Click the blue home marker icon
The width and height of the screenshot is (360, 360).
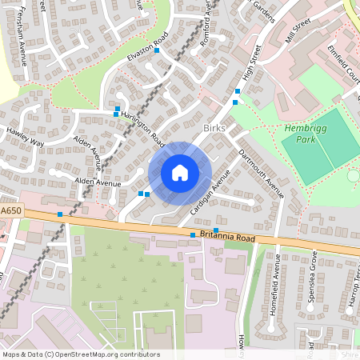pyautogui.click(x=180, y=172)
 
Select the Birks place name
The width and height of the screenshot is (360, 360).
pyautogui.click(x=216, y=128)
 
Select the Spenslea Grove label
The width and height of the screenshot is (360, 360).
pyautogui.click(x=314, y=273)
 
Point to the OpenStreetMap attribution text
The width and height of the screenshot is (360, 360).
pyautogui.click(x=80, y=354)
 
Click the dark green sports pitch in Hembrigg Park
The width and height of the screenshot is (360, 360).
pyautogui.click(x=318, y=156)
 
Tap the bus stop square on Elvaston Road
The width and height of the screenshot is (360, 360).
pyautogui.click(x=158, y=50)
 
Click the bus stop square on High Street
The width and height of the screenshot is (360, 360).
pyautogui.click(x=235, y=102)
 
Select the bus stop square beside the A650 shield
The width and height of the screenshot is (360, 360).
pyautogui.click(x=60, y=214)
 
